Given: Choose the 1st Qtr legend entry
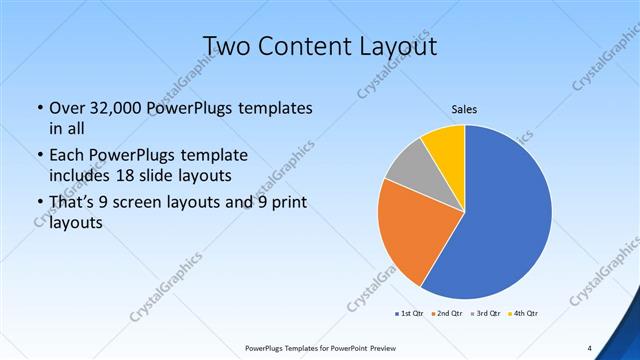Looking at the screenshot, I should point(409,314).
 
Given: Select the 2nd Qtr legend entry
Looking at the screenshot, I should point(446,314).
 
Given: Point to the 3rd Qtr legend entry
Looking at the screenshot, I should point(485,314).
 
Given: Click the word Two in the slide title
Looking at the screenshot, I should point(227,46).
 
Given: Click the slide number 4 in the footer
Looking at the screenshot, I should point(590,348).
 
